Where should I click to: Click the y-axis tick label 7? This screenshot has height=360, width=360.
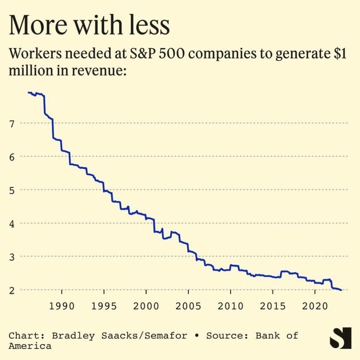tap(12, 124)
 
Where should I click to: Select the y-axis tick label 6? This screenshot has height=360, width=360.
tap(12, 157)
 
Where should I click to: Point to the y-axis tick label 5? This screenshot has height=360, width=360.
tap(12, 190)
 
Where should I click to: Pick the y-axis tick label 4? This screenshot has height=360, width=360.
tap(12, 223)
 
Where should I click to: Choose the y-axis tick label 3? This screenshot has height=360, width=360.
tap(12, 257)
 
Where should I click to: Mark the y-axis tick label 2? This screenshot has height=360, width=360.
tap(12, 290)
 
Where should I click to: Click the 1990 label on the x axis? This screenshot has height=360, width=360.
tap(62, 306)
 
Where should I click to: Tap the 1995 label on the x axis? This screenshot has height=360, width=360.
tap(104, 306)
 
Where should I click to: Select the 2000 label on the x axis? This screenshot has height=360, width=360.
tap(146, 306)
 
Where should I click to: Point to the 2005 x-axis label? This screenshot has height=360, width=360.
tap(188, 306)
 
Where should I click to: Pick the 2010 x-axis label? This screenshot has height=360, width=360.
tap(230, 306)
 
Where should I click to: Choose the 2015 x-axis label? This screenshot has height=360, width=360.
tap(273, 306)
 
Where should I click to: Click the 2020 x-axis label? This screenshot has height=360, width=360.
tap(315, 306)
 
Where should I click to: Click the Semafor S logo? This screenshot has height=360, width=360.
tap(340, 338)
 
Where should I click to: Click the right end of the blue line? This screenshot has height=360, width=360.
tap(341, 290)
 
